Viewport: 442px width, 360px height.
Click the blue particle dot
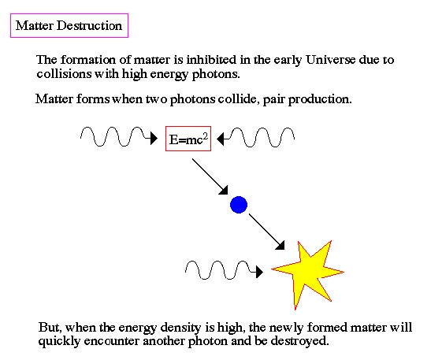coord(239,205)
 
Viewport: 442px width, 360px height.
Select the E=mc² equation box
coord(188,139)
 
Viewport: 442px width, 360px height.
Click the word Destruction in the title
coord(89,26)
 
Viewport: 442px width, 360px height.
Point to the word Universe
coord(330,60)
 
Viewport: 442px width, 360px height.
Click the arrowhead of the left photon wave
coord(154,139)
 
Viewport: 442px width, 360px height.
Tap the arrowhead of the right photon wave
coord(221,139)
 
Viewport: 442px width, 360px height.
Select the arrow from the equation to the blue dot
coord(210,176)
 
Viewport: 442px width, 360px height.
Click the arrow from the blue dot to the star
coord(266,232)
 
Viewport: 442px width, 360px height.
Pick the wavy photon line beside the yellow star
coord(224,270)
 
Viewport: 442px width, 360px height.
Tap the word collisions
coord(64,74)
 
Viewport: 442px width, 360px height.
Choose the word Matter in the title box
coord(35,26)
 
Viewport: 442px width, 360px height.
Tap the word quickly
coord(59,341)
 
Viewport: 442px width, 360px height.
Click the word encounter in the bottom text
coord(112,341)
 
